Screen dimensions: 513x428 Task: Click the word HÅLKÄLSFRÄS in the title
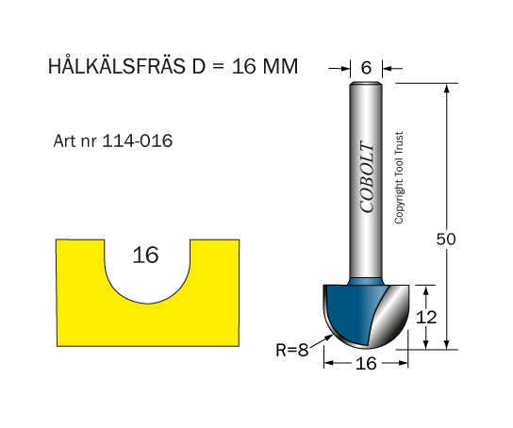117,65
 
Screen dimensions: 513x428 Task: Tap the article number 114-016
138,140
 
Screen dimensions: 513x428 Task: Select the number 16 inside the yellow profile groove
145,255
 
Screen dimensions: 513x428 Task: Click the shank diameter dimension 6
366,68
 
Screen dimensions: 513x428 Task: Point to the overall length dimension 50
446,239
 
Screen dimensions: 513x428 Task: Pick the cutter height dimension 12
426,317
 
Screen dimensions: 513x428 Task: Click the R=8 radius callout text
292,350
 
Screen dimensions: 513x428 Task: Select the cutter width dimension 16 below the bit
366,363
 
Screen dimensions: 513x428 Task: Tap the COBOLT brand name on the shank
367,177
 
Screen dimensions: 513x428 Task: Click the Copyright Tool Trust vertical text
399,178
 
